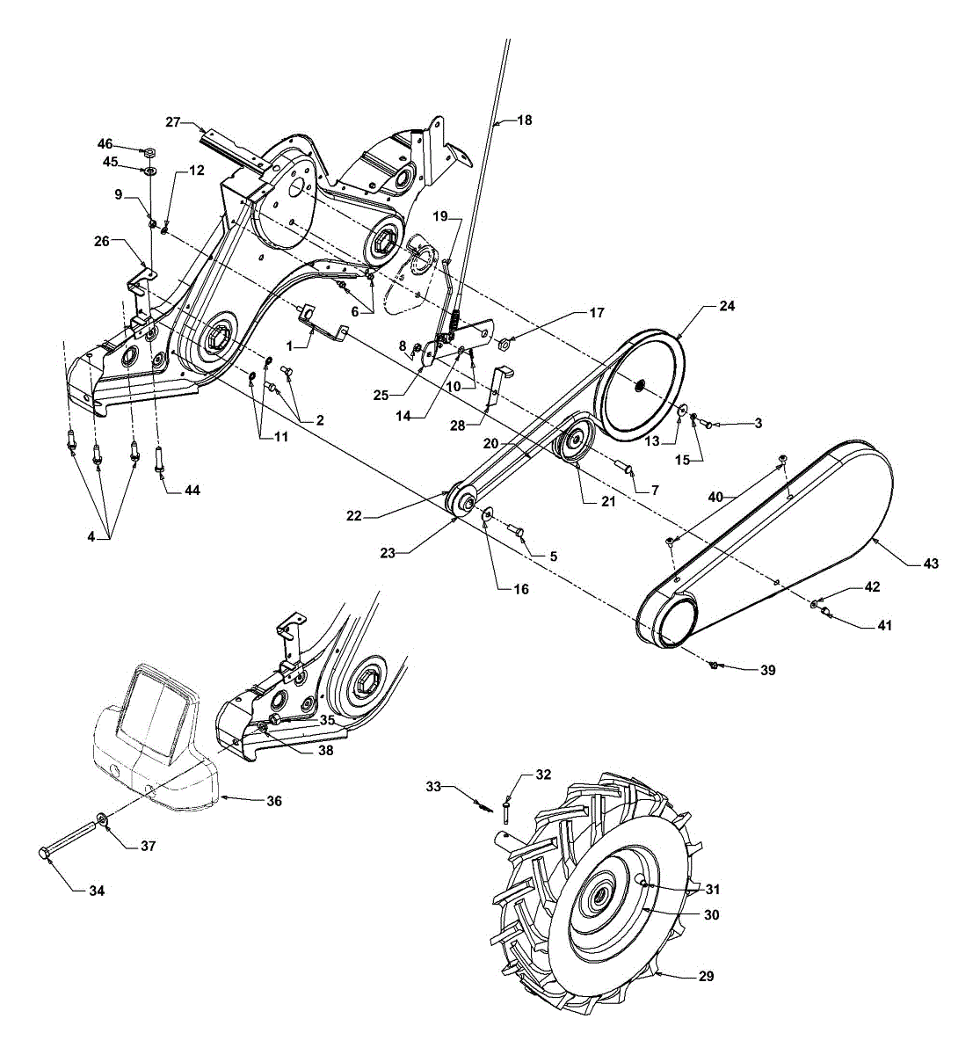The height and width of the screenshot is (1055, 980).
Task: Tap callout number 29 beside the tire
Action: [706, 976]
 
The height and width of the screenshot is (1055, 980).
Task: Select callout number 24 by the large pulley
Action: [727, 307]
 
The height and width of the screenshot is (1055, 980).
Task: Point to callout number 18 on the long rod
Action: [525, 120]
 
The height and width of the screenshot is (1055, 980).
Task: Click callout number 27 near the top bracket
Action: [172, 121]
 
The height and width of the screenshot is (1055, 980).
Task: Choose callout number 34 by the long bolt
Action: [96, 891]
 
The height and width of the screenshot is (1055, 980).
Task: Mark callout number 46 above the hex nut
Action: [105, 143]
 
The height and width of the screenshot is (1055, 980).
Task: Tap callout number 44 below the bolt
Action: [192, 490]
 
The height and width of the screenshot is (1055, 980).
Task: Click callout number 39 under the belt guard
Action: [768, 670]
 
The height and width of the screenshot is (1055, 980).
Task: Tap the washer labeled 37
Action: [104, 821]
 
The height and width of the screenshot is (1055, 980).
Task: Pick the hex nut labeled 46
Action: [149, 151]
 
